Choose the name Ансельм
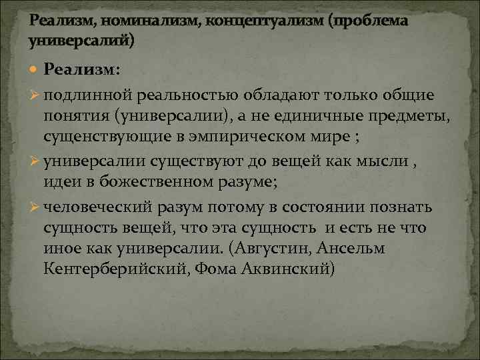(356, 249)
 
